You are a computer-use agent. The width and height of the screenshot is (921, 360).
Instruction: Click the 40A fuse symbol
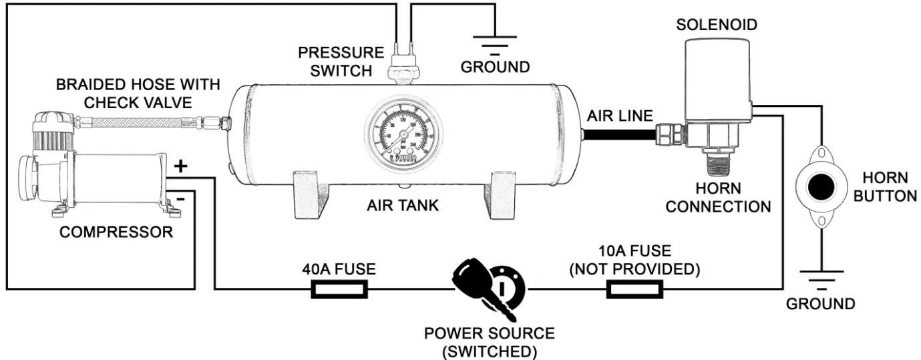pos(339,289)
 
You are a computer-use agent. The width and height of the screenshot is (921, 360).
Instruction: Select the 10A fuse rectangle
pos(634,289)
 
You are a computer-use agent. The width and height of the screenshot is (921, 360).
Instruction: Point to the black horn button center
pos(821,188)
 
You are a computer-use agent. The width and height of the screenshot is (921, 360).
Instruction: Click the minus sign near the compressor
pos(180,198)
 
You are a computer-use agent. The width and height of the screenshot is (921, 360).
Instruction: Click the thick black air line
pos(618,134)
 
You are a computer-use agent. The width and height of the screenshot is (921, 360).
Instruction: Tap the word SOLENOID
pos(717,25)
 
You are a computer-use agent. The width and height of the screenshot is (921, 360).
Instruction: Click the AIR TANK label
pos(403,205)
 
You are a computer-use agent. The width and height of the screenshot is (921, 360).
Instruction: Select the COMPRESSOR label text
pos(116,232)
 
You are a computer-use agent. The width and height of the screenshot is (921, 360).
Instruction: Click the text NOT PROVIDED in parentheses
pos(634,269)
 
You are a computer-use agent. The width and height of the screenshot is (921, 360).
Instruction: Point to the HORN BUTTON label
pos(886,187)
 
